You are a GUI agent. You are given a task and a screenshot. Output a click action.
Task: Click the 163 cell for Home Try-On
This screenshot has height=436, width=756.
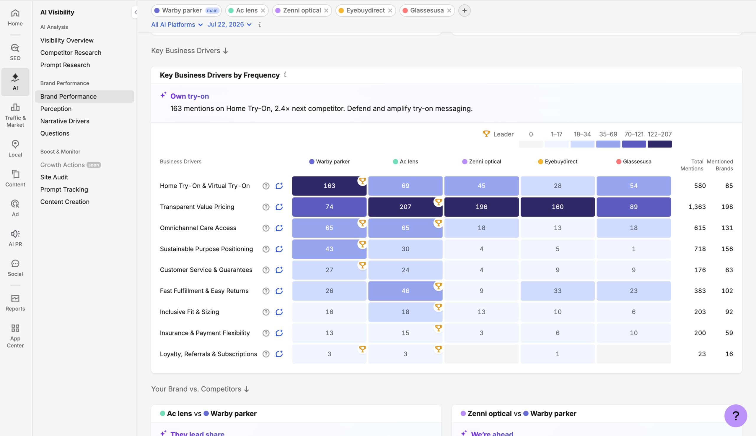(329, 186)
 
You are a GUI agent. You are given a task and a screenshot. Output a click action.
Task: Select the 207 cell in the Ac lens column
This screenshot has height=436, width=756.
(405, 207)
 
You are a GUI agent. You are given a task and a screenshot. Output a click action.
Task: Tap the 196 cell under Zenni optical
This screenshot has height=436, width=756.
(481, 207)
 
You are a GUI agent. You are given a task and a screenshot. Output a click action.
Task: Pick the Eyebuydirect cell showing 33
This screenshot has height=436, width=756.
(557, 291)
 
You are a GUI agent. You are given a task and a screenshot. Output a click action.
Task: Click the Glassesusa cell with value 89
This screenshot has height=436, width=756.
(634, 207)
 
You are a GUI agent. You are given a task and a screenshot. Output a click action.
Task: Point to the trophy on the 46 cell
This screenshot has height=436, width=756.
(438, 286)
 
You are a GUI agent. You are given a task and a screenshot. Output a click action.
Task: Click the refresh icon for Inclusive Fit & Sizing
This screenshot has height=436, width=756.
(279, 312)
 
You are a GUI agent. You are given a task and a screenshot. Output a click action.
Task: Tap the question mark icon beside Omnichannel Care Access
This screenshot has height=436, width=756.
(266, 228)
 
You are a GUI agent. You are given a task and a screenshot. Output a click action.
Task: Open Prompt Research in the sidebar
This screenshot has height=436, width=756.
(65, 65)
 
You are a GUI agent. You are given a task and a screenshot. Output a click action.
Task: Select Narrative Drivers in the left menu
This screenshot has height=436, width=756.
(65, 121)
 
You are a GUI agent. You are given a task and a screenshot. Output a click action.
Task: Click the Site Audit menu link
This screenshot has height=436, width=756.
(54, 177)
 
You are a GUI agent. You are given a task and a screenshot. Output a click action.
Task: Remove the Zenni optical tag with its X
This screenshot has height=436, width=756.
(326, 10)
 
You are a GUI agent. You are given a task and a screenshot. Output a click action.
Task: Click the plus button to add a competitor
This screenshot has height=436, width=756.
(464, 10)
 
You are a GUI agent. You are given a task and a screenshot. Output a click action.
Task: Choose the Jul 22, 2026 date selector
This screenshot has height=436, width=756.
(229, 25)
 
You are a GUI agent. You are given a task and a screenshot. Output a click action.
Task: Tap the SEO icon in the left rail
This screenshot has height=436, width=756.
(15, 51)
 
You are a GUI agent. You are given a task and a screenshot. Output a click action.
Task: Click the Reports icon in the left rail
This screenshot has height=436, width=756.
(15, 302)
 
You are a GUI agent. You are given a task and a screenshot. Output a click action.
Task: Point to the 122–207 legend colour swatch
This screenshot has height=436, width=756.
(660, 144)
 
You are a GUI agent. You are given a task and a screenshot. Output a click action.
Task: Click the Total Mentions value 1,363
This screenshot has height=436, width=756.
(697, 207)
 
